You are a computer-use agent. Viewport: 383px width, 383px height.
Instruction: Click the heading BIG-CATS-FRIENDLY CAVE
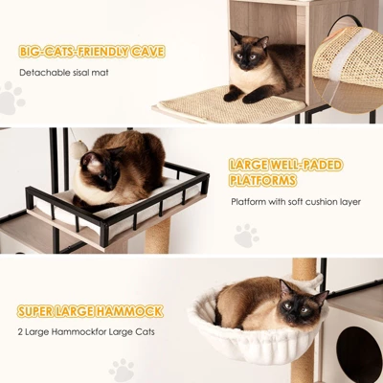[x=91, y=51]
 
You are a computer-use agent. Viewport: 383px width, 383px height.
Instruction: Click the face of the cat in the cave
[x=248, y=53]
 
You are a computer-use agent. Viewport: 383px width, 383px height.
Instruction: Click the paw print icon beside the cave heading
[x=11, y=97]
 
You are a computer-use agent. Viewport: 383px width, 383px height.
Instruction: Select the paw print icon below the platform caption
[x=246, y=236]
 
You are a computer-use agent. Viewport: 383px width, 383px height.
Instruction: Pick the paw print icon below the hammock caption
[x=122, y=370]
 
